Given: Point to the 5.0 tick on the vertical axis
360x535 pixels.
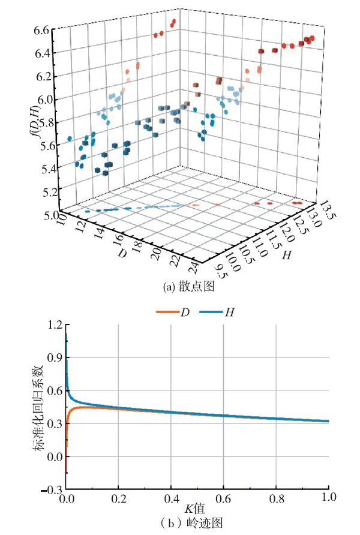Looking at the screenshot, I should tap(41, 214).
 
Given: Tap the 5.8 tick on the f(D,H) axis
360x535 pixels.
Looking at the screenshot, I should tap(41, 122).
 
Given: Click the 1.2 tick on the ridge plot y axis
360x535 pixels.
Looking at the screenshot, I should tap(55, 325).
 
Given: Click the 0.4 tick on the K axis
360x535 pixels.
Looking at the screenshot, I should tap(171, 499).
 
